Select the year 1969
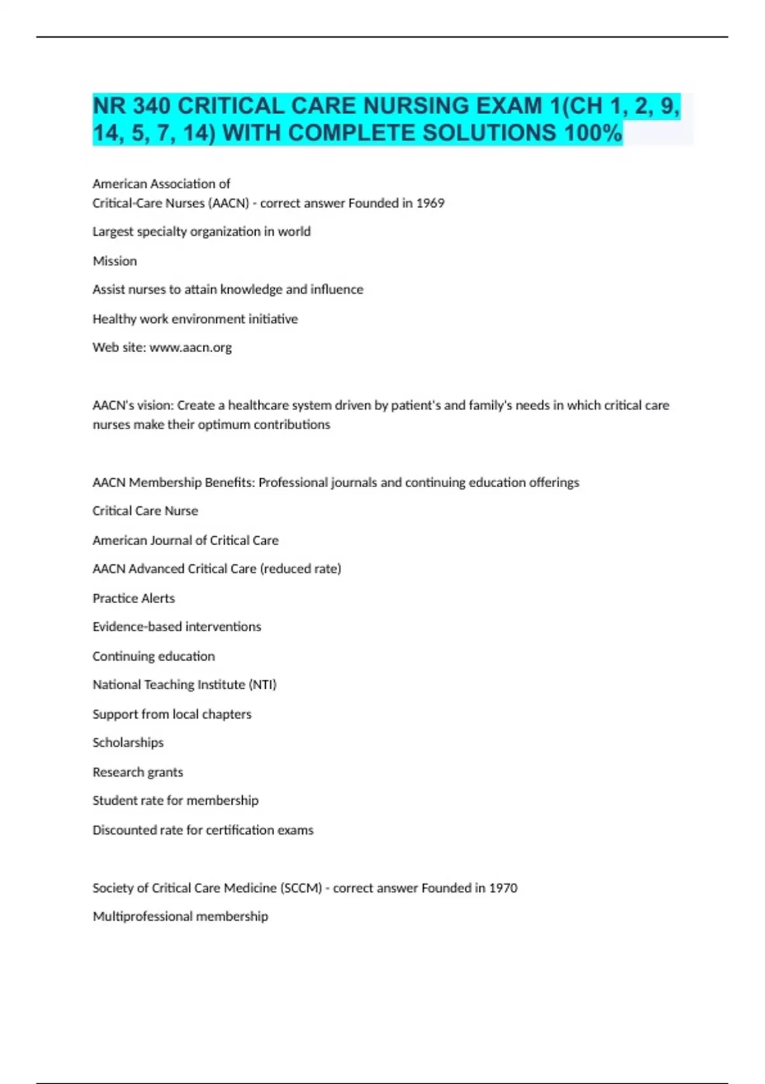click(x=430, y=203)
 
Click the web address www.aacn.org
click(x=191, y=348)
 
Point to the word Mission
click(x=115, y=261)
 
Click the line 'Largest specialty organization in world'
click(x=201, y=231)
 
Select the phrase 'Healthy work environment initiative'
click(x=195, y=319)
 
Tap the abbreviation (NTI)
click(x=263, y=685)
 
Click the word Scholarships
click(x=128, y=743)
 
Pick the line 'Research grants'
click(x=138, y=772)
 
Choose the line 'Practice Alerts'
click(x=133, y=598)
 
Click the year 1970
click(x=503, y=888)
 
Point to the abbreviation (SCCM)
click(x=301, y=888)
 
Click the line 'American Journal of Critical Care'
click(x=186, y=540)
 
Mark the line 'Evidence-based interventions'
click(x=177, y=627)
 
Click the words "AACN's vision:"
click(x=133, y=406)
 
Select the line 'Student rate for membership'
click(x=175, y=800)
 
